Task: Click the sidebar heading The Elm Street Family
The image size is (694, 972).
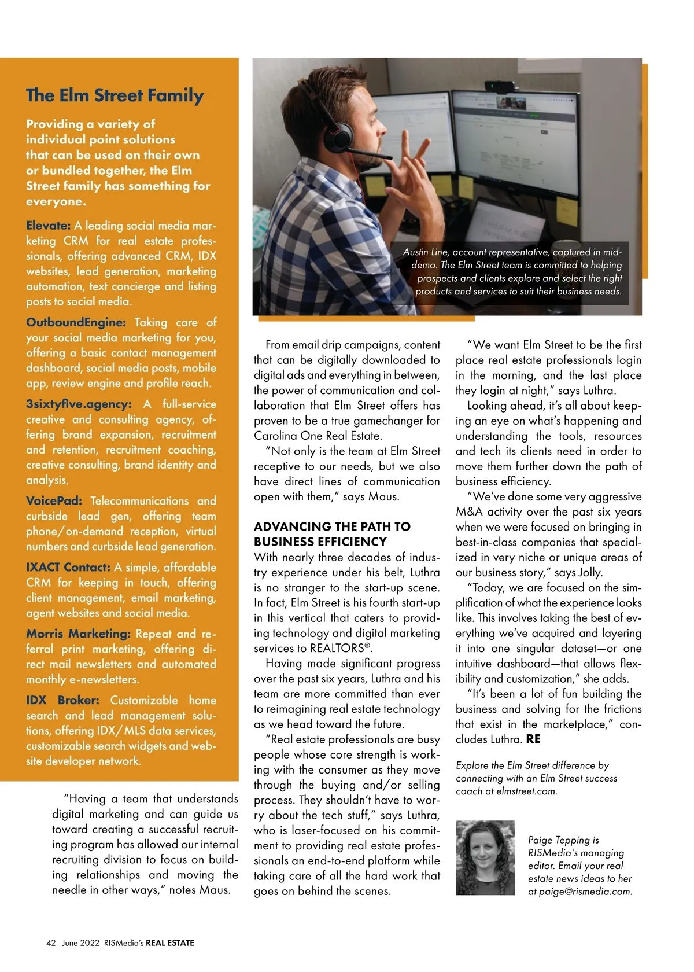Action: [115, 95]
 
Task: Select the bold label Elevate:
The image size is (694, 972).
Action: [48, 226]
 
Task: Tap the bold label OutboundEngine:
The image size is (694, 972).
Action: [76, 322]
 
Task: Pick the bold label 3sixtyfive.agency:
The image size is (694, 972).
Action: [79, 404]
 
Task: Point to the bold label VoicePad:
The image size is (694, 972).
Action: [54, 500]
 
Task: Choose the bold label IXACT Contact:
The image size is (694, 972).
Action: [68, 567]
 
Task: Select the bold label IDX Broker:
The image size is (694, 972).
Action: [62, 700]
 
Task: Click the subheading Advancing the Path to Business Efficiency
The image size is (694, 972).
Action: [332, 534]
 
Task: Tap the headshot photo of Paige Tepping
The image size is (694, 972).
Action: [485, 857]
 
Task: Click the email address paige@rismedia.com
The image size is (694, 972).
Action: [585, 892]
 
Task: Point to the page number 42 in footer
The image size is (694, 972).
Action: [51, 942]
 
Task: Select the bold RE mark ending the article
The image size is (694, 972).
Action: [533, 739]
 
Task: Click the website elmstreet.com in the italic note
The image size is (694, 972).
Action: [526, 791]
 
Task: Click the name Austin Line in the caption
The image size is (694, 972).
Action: [425, 252]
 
